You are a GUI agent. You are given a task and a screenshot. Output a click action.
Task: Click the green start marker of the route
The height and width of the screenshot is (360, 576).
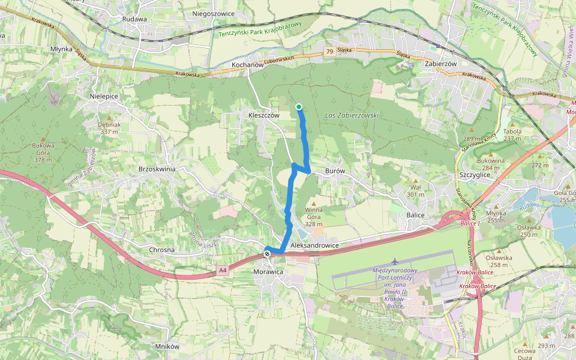pyautogui.click(x=299, y=107)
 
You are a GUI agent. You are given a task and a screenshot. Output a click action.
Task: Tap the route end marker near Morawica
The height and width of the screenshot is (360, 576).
pyautogui.click(x=267, y=254)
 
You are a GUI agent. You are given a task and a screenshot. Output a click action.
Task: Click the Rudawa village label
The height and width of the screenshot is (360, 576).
pyautogui.click(x=134, y=19)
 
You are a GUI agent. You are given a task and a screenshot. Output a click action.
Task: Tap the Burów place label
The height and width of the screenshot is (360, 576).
pyautogui.click(x=335, y=170)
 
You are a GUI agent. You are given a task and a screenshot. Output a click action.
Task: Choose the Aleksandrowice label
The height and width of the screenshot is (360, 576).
pyautogui.click(x=314, y=246)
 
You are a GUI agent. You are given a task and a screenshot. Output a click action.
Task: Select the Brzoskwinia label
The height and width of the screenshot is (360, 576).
pyautogui.click(x=157, y=169)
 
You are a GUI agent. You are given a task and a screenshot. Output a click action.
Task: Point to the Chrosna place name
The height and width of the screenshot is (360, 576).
pyautogui.click(x=161, y=250)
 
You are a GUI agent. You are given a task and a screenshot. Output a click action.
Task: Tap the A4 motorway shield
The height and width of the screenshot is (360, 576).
pyautogui.click(x=223, y=271)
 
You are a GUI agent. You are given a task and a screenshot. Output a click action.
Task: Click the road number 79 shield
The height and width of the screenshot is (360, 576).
pyautogui.click(x=329, y=52)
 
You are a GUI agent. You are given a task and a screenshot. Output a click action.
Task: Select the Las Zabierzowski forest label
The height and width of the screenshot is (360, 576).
pyautogui.click(x=352, y=115)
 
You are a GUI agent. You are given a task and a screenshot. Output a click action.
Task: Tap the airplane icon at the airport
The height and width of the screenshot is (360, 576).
pyautogui.click(x=395, y=262)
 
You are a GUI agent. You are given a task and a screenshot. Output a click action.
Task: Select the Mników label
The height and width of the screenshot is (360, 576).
pyautogui.click(x=167, y=346)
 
